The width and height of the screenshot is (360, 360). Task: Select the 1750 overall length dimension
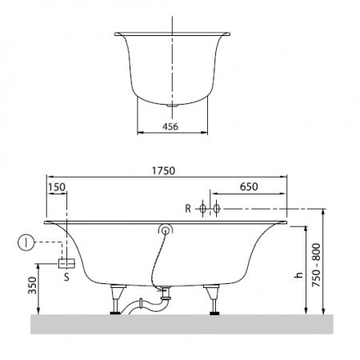tap(164, 171)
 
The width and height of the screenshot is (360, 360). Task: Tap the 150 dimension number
tap(57, 186)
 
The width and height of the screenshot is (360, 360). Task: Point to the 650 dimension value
tap(249, 186)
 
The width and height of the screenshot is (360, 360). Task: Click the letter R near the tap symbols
tap(187, 209)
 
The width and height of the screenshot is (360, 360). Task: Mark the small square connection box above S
tap(66, 262)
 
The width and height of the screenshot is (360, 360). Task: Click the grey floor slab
tap(180, 323)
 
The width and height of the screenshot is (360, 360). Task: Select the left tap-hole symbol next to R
tap(202, 209)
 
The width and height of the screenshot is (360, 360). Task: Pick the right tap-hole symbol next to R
tap(215, 209)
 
